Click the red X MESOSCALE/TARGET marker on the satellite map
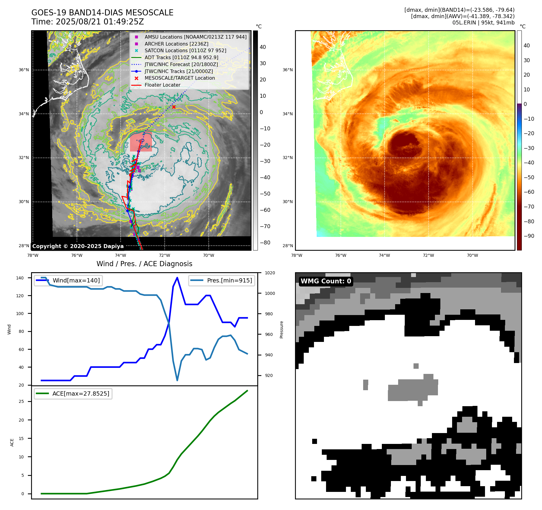click(174, 107)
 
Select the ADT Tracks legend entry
click(181, 57)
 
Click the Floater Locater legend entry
click(162, 85)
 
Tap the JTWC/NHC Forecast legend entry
click(181, 64)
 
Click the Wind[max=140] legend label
click(76, 280)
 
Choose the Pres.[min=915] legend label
click(229, 280)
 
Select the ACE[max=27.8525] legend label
click(81, 394)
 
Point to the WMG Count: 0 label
click(326, 281)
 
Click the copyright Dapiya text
click(78, 246)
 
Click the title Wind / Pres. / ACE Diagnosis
click(144, 264)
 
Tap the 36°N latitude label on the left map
click(24, 70)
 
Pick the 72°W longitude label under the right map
click(428, 255)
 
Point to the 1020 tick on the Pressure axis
click(270, 273)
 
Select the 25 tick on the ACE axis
click(21, 401)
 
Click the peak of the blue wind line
click(177, 278)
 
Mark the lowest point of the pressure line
click(177, 380)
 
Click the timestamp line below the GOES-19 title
click(87, 22)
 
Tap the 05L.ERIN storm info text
click(483, 23)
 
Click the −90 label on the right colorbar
click(529, 236)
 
